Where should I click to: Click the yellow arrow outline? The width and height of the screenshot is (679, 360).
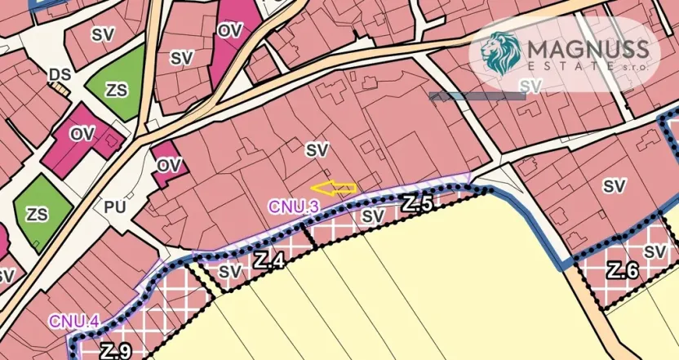[x=334, y=189]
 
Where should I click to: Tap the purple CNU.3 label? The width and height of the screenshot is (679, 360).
[x=293, y=207]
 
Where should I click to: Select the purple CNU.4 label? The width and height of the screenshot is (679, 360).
[x=73, y=321]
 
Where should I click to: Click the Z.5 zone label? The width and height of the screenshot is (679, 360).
[x=416, y=204]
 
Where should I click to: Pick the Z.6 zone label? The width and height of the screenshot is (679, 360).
[x=622, y=271]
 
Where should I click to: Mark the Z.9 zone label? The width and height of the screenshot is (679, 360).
[x=116, y=352]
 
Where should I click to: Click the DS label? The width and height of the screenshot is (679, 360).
[x=60, y=75]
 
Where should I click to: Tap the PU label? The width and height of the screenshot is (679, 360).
[x=115, y=207]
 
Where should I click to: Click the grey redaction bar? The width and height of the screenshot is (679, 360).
[x=477, y=96]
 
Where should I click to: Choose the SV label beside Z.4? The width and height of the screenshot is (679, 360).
[x=232, y=271]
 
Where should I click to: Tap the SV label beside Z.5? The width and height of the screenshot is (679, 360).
[x=373, y=216]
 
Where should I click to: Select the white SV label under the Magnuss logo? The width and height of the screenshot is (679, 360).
[x=530, y=85]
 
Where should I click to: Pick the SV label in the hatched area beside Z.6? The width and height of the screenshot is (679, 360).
[x=655, y=252]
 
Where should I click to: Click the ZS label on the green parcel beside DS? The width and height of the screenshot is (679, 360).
[x=118, y=90]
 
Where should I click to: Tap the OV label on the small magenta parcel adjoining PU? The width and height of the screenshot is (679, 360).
[x=168, y=165]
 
